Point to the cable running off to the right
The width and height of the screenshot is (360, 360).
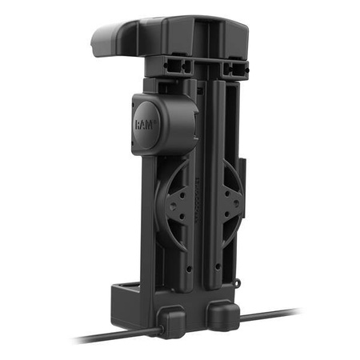tap(272, 314)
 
